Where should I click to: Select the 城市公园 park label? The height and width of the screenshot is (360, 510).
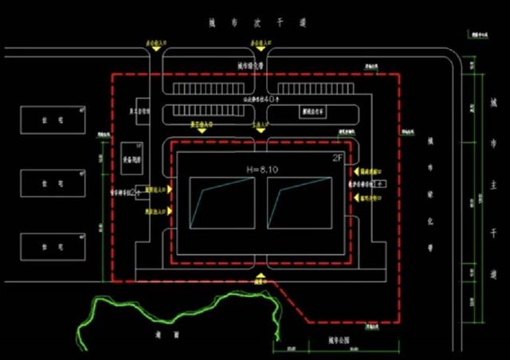coord(340,341)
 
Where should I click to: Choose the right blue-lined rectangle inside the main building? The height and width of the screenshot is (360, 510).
coord(300,202)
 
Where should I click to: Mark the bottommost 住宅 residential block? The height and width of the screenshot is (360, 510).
coord(52,246)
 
